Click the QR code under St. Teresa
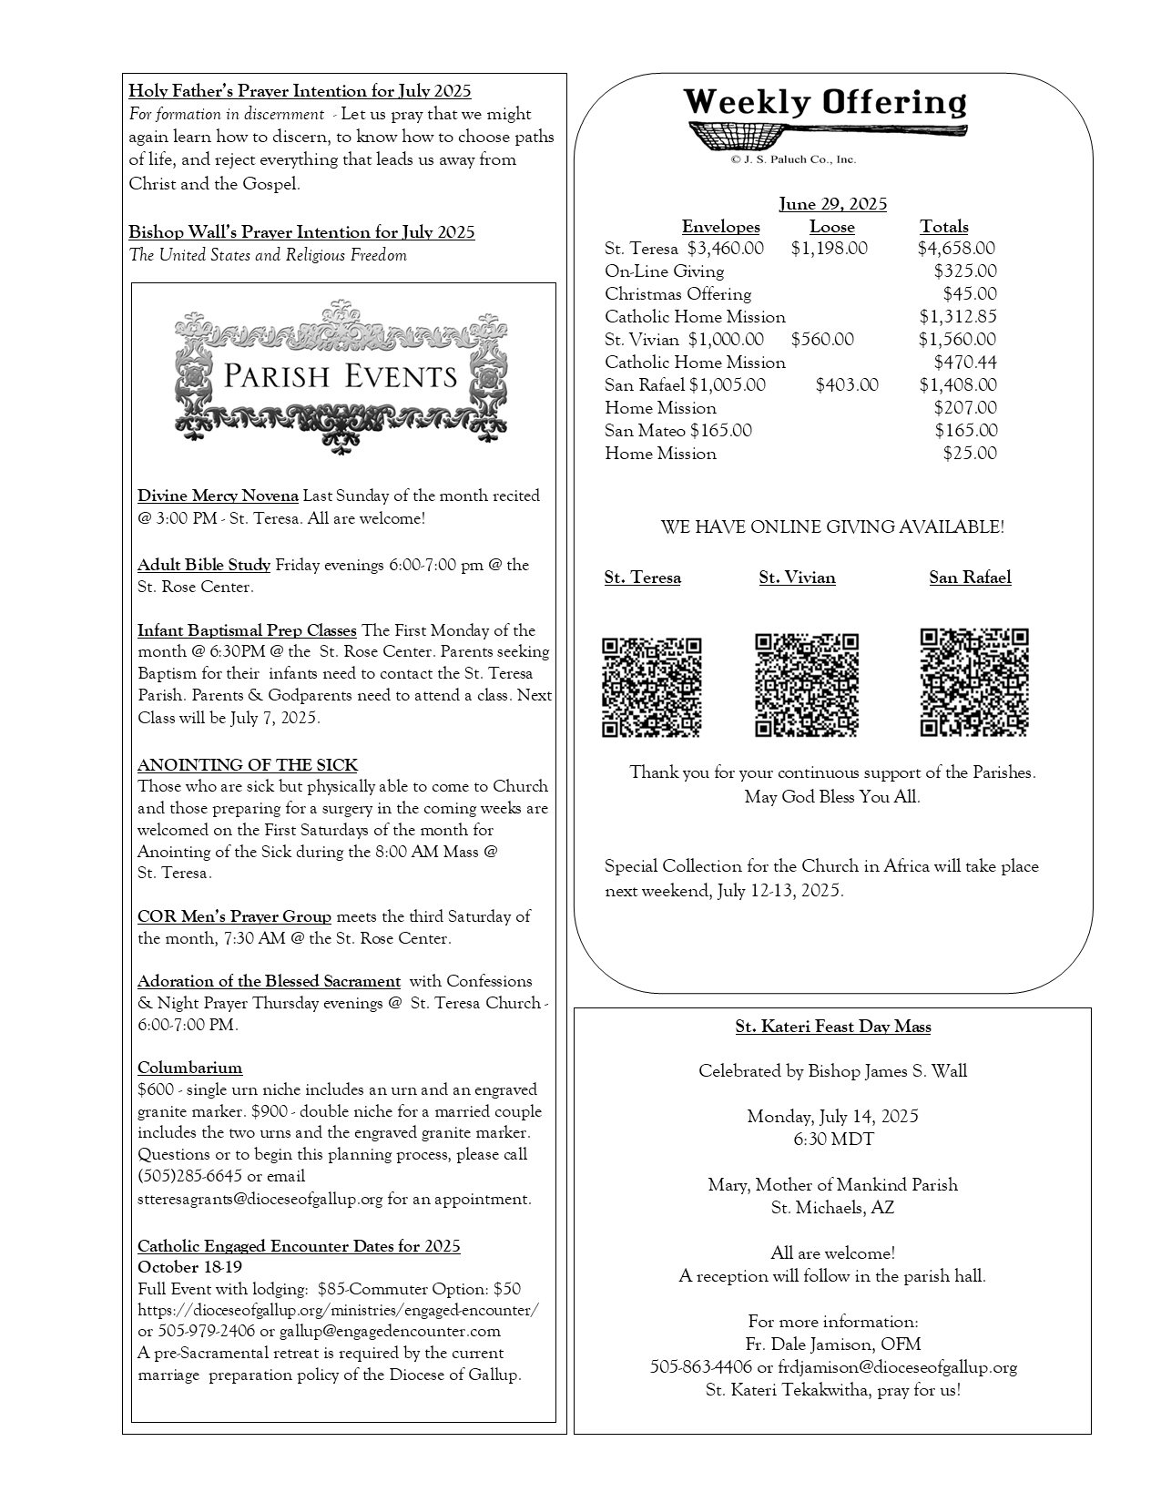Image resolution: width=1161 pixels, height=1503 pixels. [x=651, y=686]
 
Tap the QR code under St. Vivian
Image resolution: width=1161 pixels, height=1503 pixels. [x=806, y=684]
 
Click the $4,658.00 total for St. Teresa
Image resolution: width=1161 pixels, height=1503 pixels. [x=956, y=249]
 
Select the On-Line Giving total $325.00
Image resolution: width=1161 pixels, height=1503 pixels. [x=965, y=271]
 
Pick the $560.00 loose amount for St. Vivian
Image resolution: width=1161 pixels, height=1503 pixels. [x=822, y=340]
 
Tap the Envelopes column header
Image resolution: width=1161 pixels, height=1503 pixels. [x=720, y=227]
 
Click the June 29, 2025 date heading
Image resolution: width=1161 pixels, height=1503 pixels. [x=832, y=204]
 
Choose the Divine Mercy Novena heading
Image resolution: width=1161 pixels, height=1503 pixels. [x=218, y=496]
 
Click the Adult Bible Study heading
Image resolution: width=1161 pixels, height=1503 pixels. [x=204, y=565]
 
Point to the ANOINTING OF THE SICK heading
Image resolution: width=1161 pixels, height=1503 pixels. [x=248, y=765]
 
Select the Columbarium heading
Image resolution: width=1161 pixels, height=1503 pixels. [x=189, y=1068]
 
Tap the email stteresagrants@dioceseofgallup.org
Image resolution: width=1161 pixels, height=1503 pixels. [x=260, y=1199]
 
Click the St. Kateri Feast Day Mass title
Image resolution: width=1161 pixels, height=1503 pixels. [x=832, y=1028]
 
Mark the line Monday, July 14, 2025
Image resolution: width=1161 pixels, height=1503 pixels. [x=832, y=1117]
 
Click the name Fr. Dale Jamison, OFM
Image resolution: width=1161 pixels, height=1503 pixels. [x=832, y=1345]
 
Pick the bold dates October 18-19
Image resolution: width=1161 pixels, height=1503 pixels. [x=189, y=1267]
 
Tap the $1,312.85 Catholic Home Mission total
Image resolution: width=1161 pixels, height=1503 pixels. [x=958, y=317]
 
